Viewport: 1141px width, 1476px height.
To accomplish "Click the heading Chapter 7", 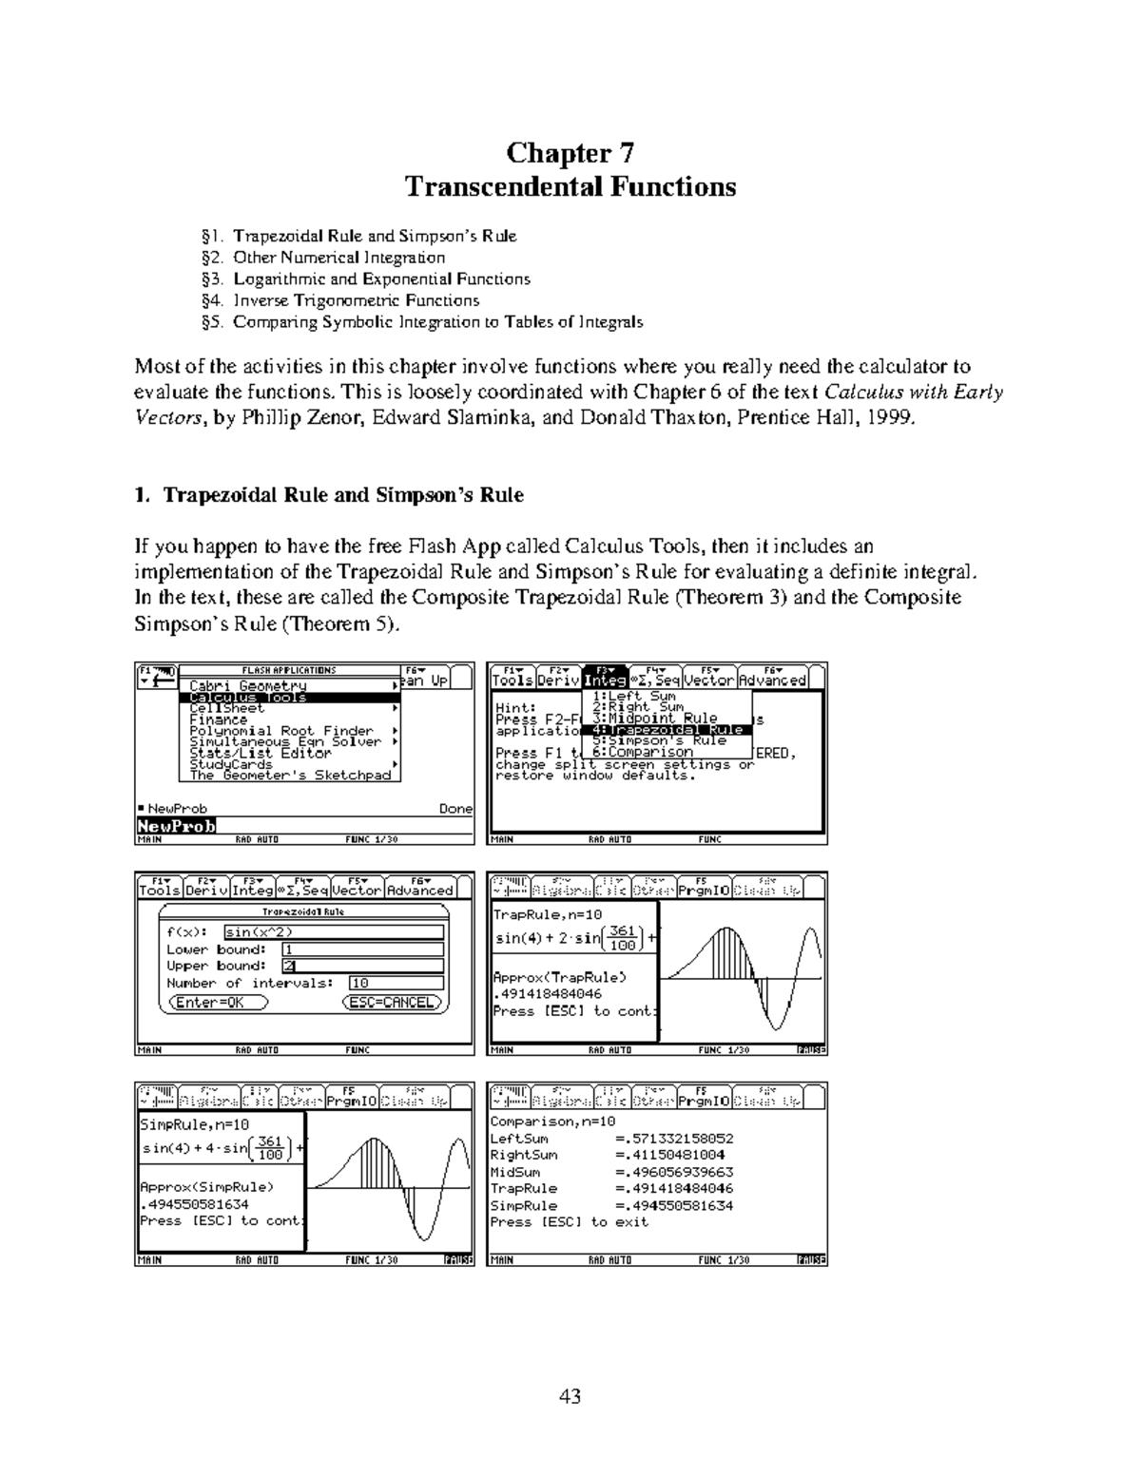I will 570,153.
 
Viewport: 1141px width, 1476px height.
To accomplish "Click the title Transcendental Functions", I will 570,186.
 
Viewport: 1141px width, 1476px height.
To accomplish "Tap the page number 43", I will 570,1396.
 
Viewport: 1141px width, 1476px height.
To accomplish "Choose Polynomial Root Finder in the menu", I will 281,731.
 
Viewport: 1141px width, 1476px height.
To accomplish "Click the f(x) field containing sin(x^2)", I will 333,932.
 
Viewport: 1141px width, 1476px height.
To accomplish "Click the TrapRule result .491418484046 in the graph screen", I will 547,994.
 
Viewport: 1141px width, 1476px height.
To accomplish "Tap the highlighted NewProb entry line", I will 177,826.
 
